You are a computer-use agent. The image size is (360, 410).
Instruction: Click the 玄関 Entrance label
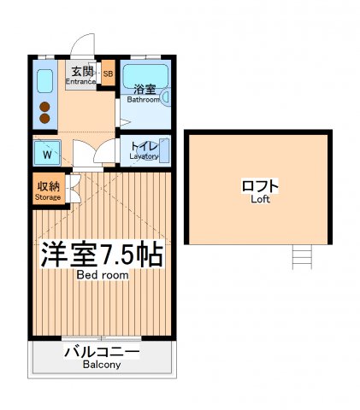(82, 74)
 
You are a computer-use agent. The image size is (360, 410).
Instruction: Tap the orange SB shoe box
(108, 74)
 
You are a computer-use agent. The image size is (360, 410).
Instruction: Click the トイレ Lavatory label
(144, 151)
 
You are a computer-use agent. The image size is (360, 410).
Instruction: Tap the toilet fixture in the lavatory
(164, 150)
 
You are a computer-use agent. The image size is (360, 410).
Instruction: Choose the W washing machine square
(45, 155)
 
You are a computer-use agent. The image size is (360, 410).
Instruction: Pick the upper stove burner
(45, 106)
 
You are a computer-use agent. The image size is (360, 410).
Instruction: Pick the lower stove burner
(45, 119)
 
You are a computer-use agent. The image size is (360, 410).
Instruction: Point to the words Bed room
(102, 275)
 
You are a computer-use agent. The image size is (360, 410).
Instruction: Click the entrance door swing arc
(84, 44)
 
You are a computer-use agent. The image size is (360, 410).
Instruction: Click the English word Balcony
(102, 365)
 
